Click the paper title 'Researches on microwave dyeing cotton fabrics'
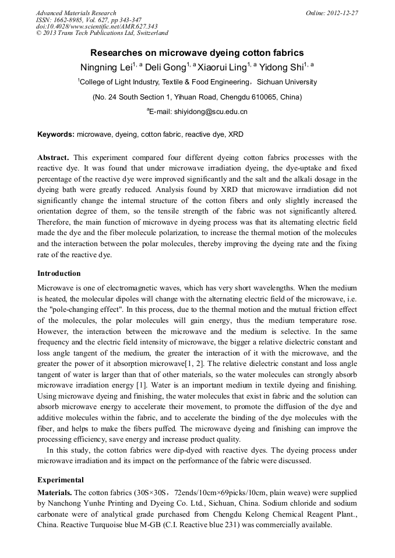click(x=197, y=52)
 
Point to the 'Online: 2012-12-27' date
click(x=331, y=13)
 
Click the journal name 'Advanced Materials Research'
click(x=76, y=13)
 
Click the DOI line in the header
click(x=97, y=27)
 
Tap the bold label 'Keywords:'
click(x=56, y=134)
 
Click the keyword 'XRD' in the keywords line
click(x=235, y=134)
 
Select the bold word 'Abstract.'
click(x=54, y=158)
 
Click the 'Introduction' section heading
click(x=59, y=273)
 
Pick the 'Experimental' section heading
click(x=61, y=480)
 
